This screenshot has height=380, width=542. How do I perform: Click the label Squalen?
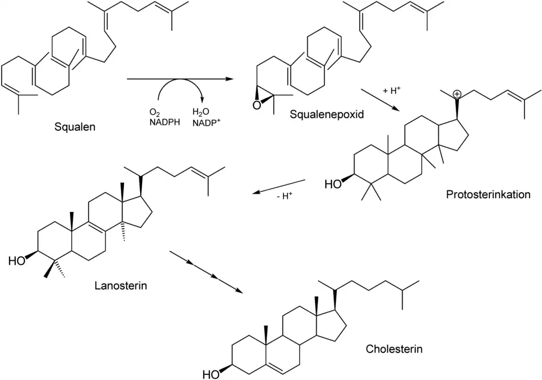[75, 127]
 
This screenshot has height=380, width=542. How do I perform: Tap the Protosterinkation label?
[488, 195]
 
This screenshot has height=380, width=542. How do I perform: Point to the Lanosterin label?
[121, 285]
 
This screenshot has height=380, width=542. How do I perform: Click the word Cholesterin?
[394, 348]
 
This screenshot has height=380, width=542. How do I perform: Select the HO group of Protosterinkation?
[333, 184]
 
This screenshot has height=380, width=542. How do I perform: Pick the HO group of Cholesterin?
[212, 374]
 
